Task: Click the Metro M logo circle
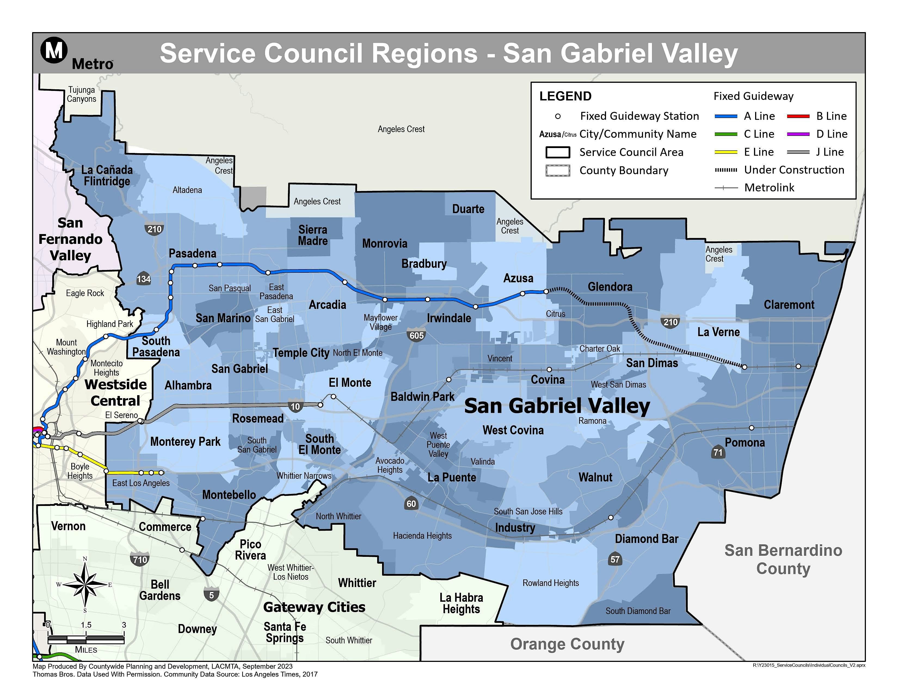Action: (54, 50)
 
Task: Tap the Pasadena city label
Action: (192, 253)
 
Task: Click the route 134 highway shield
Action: (143, 279)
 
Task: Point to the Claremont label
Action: (789, 305)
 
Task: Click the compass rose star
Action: (85, 584)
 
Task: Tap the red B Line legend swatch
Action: (798, 116)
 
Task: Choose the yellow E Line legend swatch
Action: (726, 152)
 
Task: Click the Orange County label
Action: (567, 644)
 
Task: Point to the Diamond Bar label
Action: (646, 539)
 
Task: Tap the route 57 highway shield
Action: (615, 559)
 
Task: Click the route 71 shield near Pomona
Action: (718, 452)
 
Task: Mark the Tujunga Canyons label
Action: (81, 94)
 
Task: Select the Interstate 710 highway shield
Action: (140, 560)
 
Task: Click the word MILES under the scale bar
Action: (86, 650)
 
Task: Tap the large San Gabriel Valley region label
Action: (557, 406)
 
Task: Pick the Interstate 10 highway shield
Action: (295, 407)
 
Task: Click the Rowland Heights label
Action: (550, 583)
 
